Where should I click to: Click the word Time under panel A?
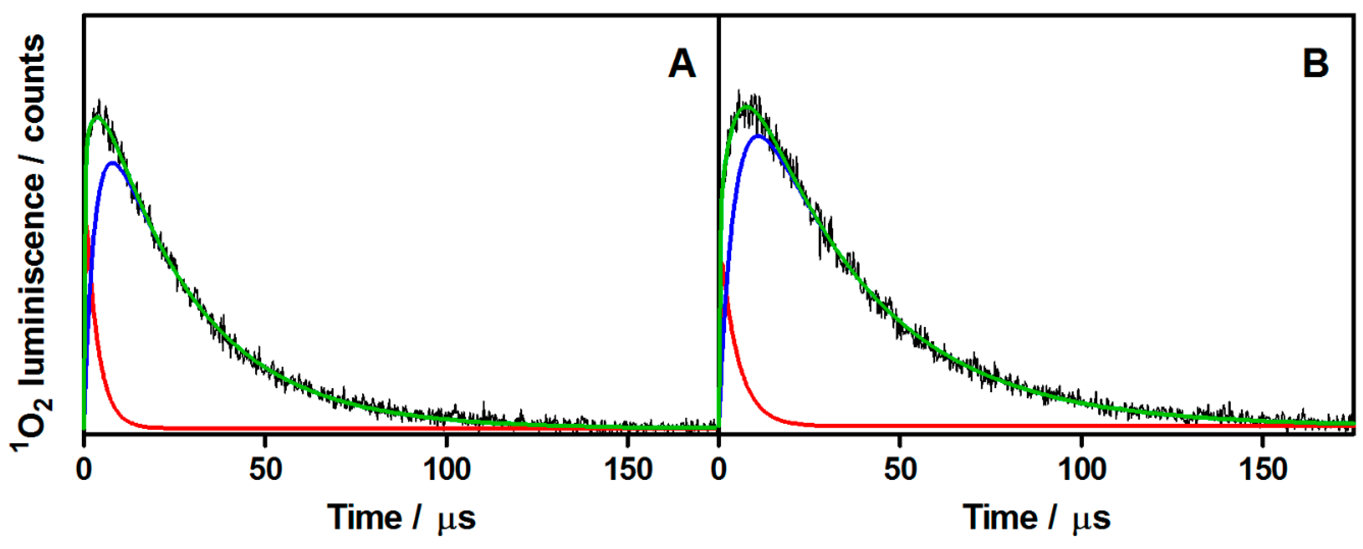[364, 517]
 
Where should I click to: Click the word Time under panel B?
[999, 517]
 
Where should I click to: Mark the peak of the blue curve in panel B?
[758, 136]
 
